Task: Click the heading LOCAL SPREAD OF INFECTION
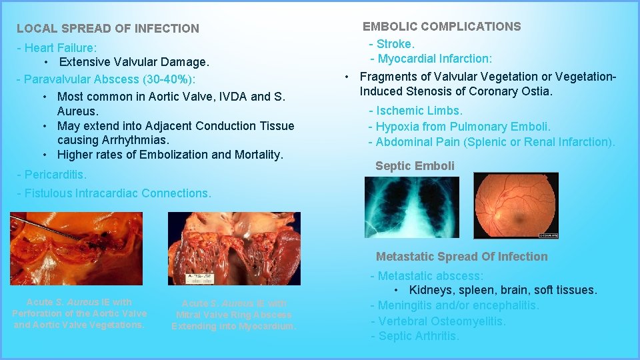pos(107,29)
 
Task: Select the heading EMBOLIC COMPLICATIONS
pos(441,27)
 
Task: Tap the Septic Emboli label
pos(415,166)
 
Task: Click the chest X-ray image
pos(411,207)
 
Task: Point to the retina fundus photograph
pos(515,205)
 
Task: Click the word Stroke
pos(395,44)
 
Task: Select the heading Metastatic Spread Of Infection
pos(461,257)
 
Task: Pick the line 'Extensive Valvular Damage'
pos(133,62)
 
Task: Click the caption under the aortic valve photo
pos(79,313)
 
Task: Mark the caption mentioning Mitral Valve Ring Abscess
pos(233,315)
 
